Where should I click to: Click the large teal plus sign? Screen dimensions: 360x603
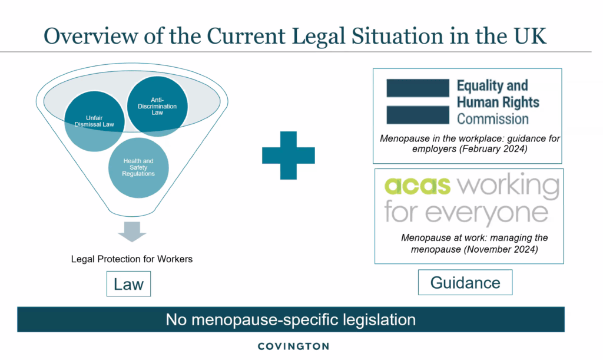288,154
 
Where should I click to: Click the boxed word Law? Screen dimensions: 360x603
129,284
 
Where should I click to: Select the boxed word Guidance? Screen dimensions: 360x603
465,282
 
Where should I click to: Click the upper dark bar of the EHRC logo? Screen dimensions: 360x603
418,88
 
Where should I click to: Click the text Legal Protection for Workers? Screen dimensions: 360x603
132,259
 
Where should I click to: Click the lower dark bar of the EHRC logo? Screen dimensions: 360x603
418,115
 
